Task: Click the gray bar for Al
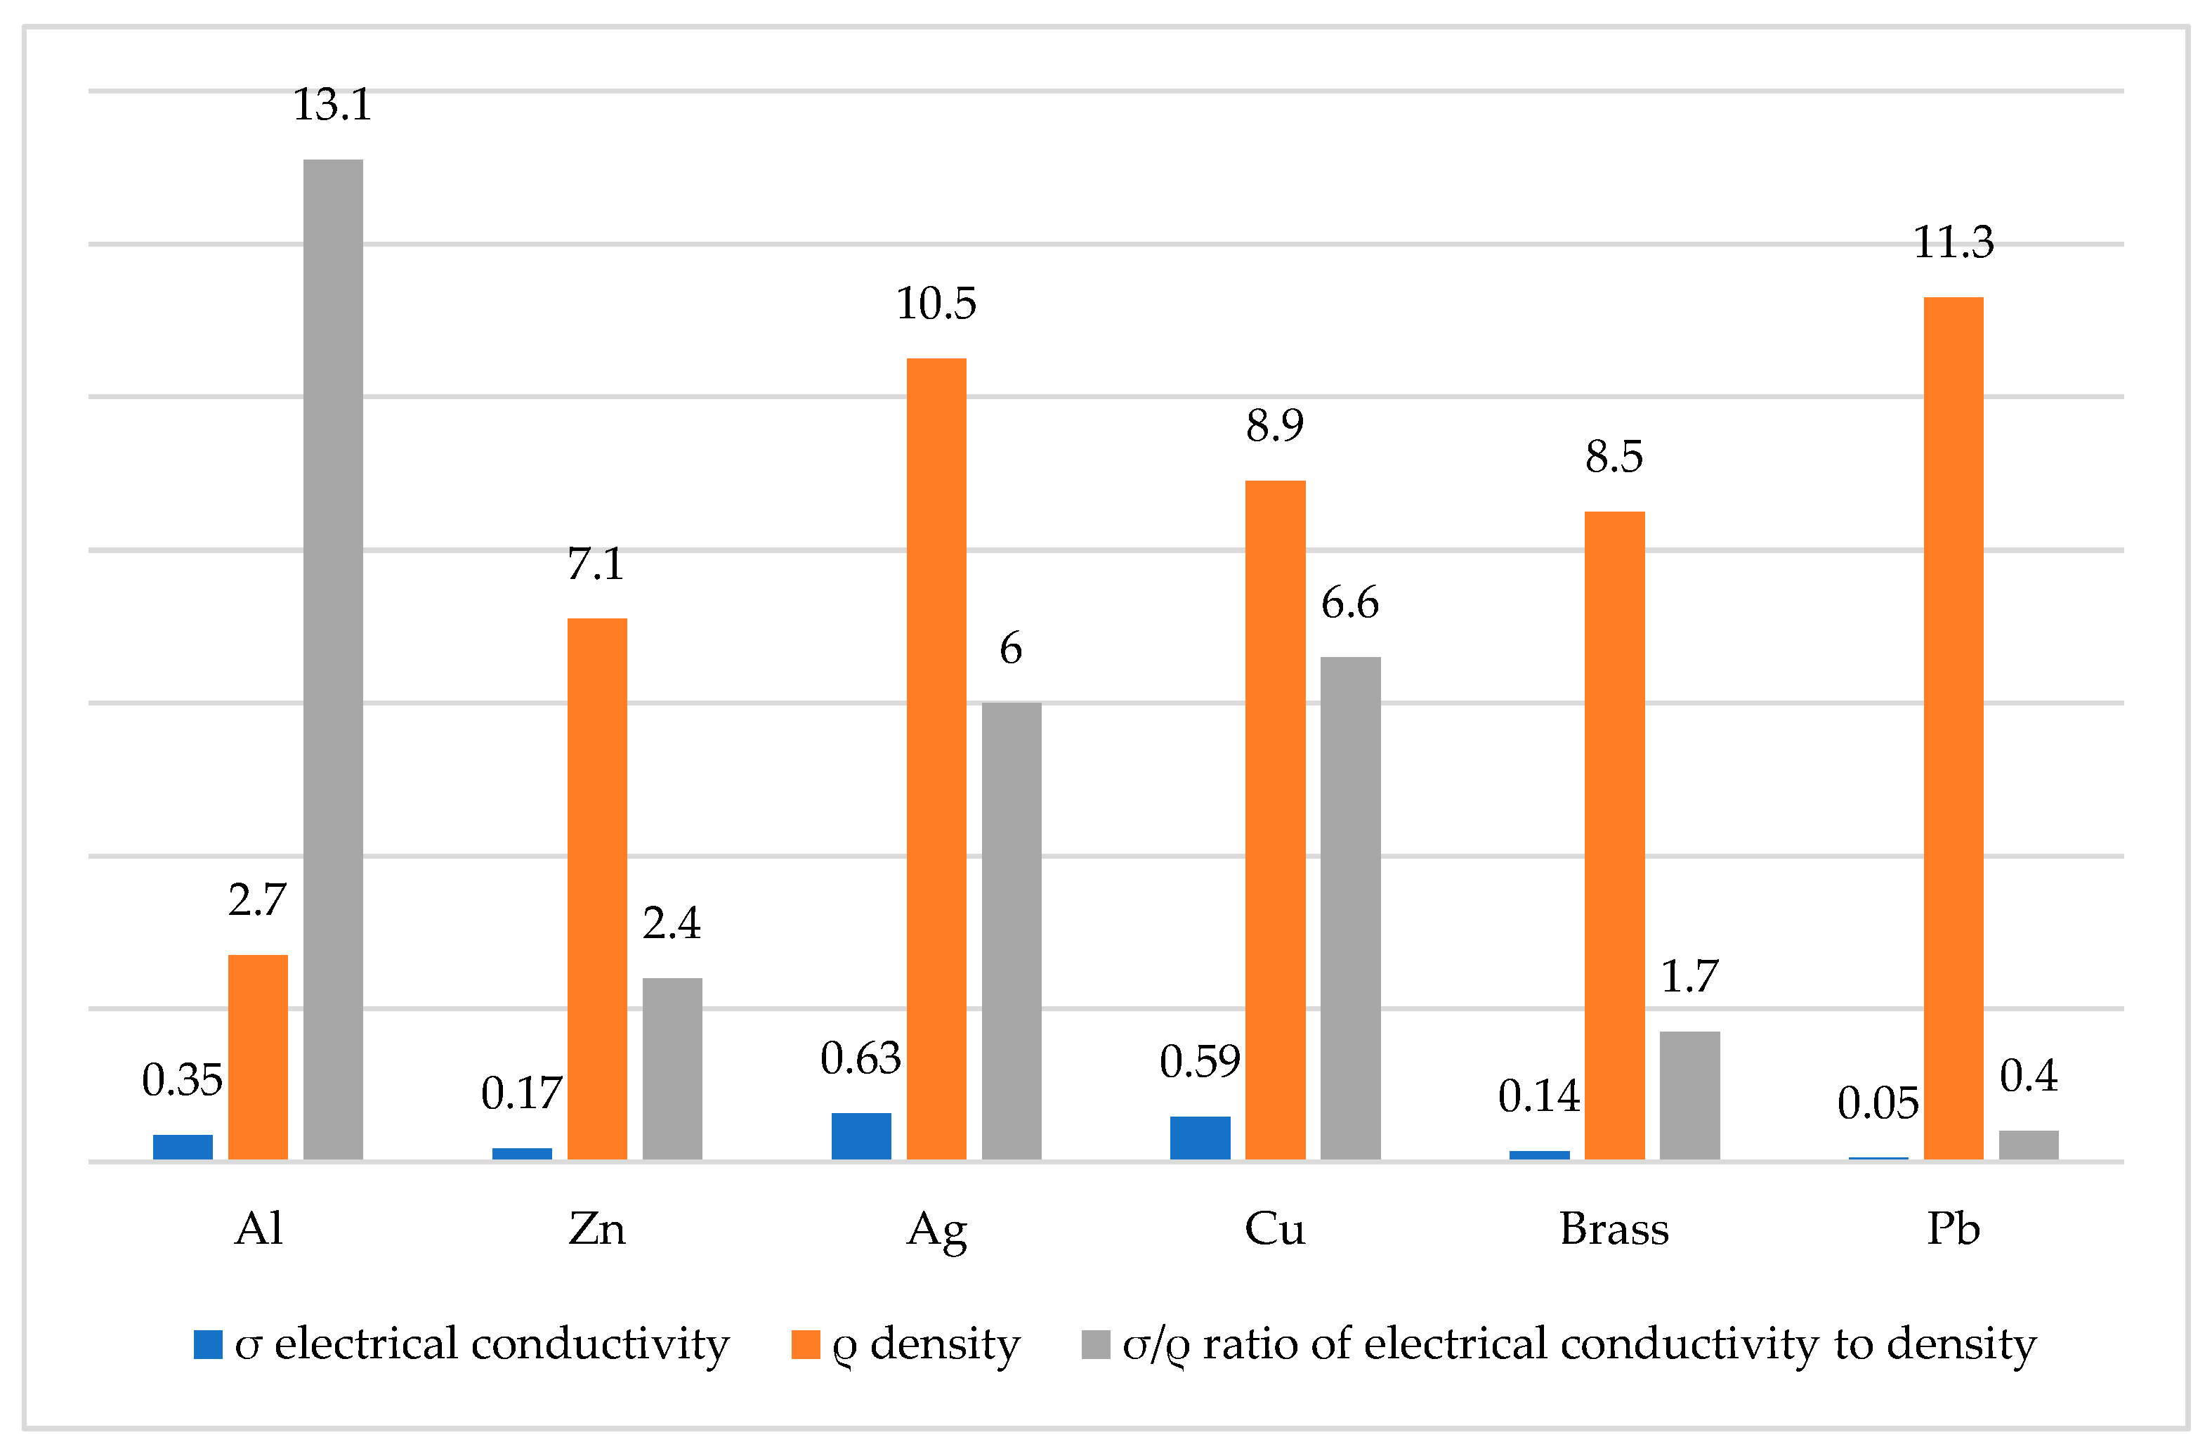pyautogui.click(x=333, y=659)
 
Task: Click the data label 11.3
pyautogui.click(x=1953, y=242)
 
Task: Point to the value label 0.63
pyautogui.click(x=860, y=1059)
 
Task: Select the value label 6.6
pyautogui.click(x=1349, y=604)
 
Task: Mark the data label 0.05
pyautogui.click(x=1878, y=1104)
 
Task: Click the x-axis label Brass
pyautogui.click(x=1614, y=1229)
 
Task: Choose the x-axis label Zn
pyautogui.click(x=596, y=1229)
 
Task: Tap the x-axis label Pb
pyautogui.click(x=1953, y=1229)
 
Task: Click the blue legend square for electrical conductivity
pyautogui.click(x=208, y=1344)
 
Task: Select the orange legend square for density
pyautogui.click(x=805, y=1344)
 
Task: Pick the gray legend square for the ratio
pyautogui.click(x=1096, y=1344)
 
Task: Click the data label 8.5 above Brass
pyautogui.click(x=1614, y=457)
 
